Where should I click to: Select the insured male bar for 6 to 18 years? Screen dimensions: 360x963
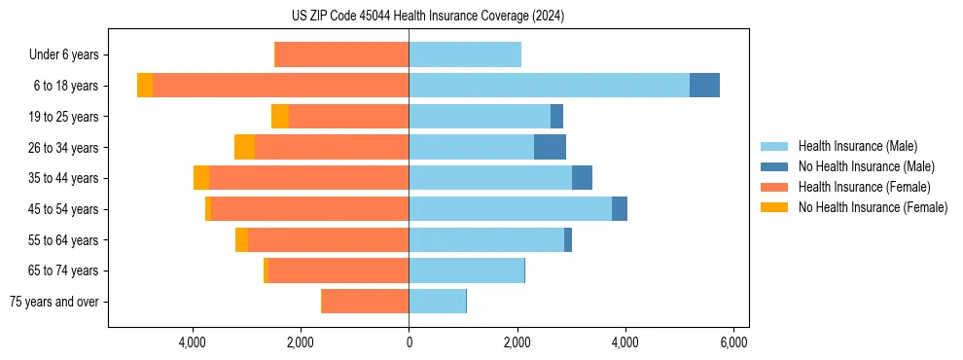(549, 86)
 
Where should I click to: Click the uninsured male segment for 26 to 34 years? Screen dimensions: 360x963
(550, 147)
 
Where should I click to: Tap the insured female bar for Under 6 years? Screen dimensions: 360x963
(341, 54)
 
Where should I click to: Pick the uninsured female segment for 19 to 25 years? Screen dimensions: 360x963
(280, 117)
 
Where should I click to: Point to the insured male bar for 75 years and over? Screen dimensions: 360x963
(437, 302)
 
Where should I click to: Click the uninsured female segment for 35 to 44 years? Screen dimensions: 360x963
(201, 178)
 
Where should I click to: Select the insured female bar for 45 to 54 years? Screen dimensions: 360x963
(309, 209)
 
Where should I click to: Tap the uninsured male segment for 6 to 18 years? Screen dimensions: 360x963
(704, 86)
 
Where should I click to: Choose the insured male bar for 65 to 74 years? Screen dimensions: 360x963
(466, 270)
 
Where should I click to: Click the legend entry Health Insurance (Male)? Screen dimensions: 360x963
(857, 146)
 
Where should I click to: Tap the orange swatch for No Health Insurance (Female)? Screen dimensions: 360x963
(774, 207)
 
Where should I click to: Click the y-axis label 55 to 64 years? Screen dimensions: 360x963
(63, 240)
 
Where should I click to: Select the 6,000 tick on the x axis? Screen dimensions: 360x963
(732, 342)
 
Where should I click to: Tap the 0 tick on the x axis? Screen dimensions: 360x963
(409, 342)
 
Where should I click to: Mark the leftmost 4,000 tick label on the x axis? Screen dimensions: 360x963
(193, 342)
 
